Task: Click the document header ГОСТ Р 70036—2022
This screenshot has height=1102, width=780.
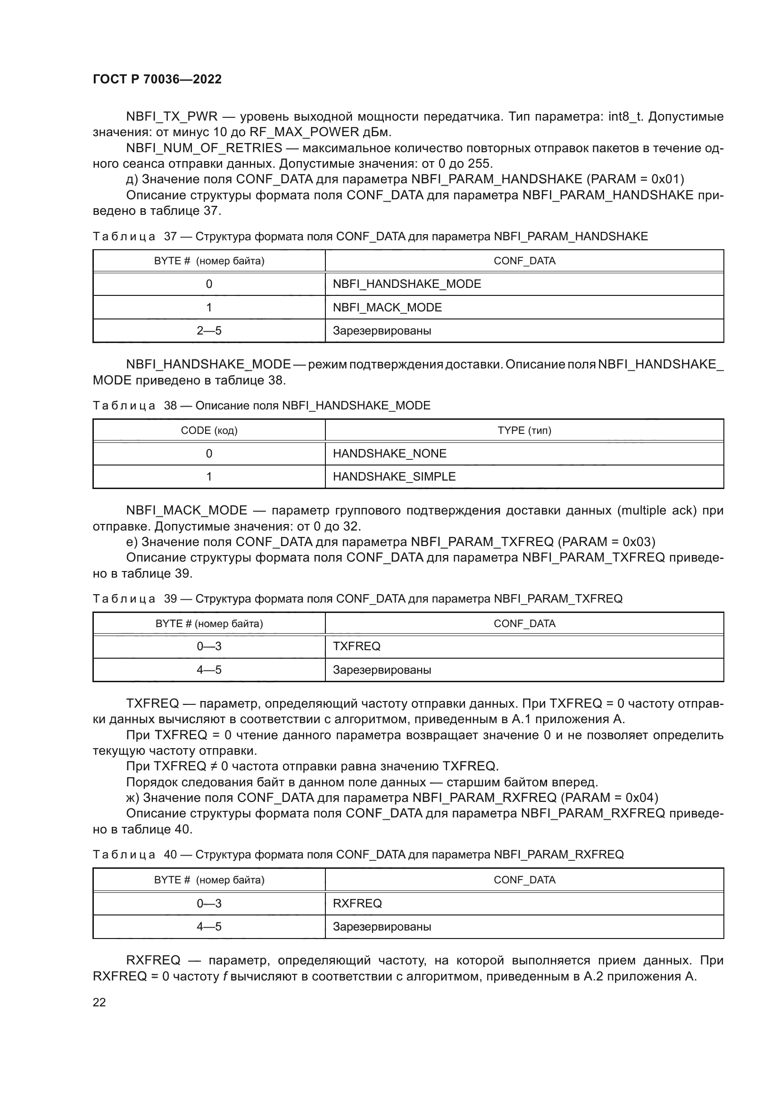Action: (157, 79)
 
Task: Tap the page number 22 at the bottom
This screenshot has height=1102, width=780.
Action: (99, 1002)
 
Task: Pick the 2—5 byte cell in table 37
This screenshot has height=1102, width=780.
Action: (209, 331)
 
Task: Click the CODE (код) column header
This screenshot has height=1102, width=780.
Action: (209, 430)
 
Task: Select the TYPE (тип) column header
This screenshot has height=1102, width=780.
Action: (524, 430)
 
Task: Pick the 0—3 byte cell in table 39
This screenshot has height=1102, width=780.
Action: (209, 646)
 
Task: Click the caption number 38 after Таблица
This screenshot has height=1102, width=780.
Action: (171, 406)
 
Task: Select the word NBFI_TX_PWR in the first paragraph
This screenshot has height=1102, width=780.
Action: (172, 117)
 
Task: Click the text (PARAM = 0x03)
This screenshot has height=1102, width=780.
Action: (606, 542)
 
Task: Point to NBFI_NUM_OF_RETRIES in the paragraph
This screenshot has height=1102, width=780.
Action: (204, 148)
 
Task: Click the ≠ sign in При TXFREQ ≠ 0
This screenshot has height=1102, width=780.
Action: (213, 766)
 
